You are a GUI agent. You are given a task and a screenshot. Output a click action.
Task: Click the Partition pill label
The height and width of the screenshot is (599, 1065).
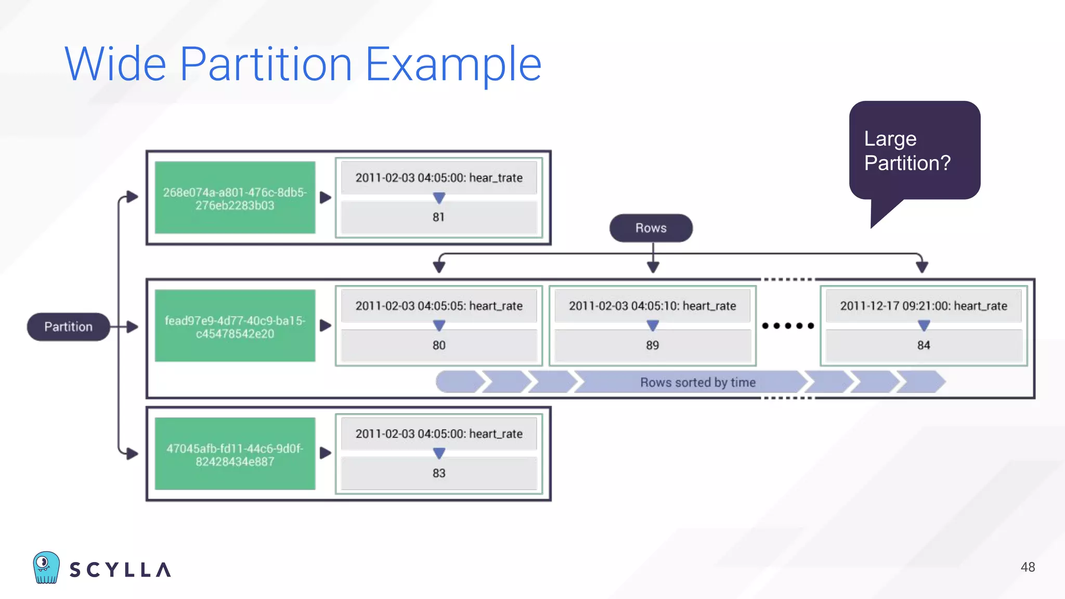click(x=68, y=327)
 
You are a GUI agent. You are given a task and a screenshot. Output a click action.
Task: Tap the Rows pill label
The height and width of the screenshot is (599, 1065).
click(x=651, y=228)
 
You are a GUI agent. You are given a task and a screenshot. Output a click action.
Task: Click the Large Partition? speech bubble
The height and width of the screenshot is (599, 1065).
click(x=914, y=151)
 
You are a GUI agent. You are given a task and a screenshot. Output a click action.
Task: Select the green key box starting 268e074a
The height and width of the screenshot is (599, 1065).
click(x=235, y=198)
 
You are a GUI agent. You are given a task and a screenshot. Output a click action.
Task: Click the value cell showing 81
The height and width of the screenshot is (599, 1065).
click(x=438, y=217)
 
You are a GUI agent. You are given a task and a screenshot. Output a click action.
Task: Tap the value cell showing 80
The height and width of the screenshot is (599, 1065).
click(x=438, y=345)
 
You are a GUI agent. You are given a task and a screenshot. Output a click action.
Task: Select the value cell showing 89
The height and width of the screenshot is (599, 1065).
click(x=652, y=345)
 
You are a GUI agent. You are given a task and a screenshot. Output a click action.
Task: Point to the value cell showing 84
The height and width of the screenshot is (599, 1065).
click(x=923, y=345)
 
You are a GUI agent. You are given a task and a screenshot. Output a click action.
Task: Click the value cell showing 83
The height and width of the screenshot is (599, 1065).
click(x=438, y=473)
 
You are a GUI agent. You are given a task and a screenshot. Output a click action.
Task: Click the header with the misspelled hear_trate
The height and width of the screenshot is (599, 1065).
click(x=438, y=178)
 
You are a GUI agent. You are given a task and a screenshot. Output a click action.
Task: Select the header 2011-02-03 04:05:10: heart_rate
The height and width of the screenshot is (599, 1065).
click(x=652, y=306)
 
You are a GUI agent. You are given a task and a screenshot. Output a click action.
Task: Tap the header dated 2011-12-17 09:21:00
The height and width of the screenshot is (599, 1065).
click(x=923, y=306)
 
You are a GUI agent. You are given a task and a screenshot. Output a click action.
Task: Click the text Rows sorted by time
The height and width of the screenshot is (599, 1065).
click(x=697, y=382)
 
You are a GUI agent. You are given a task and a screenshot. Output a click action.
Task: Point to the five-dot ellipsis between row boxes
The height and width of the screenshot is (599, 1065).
click(x=788, y=326)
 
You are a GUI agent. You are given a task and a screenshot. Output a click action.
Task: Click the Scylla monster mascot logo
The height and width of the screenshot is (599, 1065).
click(x=46, y=568)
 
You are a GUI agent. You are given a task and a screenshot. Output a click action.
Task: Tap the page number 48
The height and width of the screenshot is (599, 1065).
click(x=1028, y=567)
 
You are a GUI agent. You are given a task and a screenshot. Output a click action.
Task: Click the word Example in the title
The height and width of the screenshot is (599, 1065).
click(x=453, y=64)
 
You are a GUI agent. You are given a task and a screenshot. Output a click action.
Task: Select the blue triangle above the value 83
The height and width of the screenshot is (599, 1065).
click(x=439, y=453)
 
